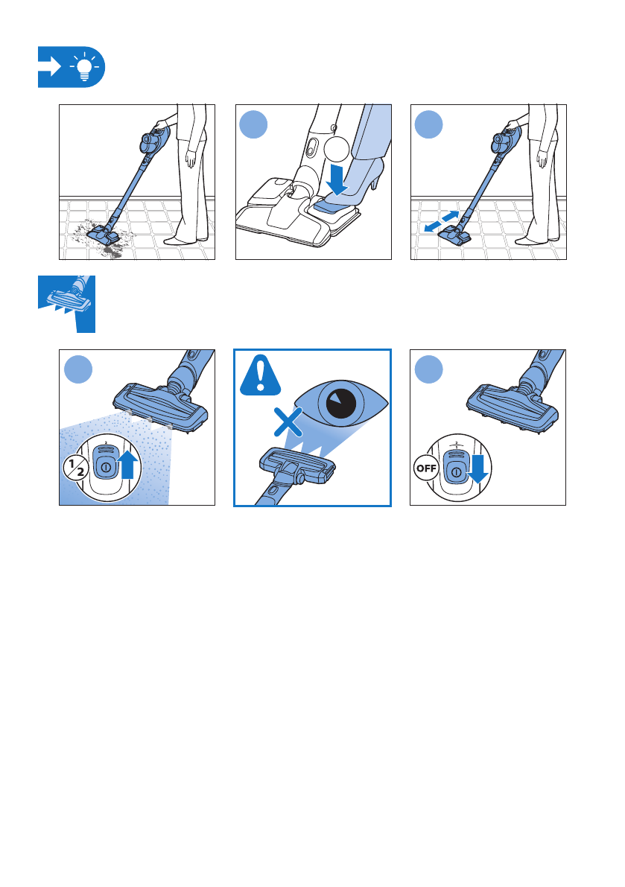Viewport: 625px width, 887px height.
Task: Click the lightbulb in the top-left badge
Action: pyautogui.click(x=84, y=67)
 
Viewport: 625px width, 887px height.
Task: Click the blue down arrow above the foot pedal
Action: pyautogui.click(x=337, y=178)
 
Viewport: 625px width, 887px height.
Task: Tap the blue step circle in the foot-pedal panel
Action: pyautogui.click(x=253, y=124)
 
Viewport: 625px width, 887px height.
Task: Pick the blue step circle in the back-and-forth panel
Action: pyautogui.click(x=429, y=124)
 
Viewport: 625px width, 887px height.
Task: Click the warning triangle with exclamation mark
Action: pyautogui.click(x=260, y=375)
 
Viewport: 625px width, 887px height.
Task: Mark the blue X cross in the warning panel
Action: pyautogui.click(x=288, y=422)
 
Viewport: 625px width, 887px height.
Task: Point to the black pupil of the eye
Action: pyautogui.click(x=341, y=404)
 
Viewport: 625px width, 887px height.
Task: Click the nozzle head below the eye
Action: pyautogui.click(x=297, y=465)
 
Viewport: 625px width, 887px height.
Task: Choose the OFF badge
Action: pyautogui.click(x=426, y=468)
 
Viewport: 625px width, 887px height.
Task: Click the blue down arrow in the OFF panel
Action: pyautogui.click(x=478, y=469)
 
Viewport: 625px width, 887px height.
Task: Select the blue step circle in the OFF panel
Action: pyautogui.click(x=429, y=369)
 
